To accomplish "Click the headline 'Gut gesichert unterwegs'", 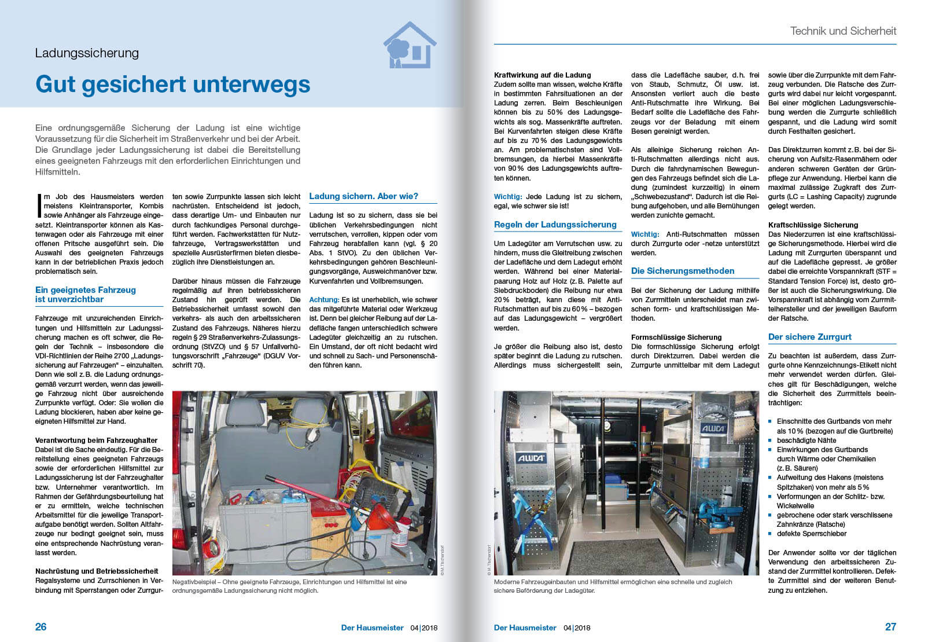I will (172, 85).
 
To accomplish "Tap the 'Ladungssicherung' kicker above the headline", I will (87, 53).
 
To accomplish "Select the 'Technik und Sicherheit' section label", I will (843, 31).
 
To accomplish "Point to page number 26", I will (41, 627).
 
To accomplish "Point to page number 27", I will (890, 627).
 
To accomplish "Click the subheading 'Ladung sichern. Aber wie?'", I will (363, 196).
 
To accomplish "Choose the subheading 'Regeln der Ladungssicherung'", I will (555, 225).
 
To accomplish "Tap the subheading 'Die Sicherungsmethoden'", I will (683, 271).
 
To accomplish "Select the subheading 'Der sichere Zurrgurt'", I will (809, 337).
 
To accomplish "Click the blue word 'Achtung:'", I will (324, 300).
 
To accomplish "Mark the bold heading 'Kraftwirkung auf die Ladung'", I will (542, 75).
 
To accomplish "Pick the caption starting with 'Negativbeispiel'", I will (289, 586).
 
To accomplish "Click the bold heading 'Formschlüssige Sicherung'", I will (676, 337).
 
